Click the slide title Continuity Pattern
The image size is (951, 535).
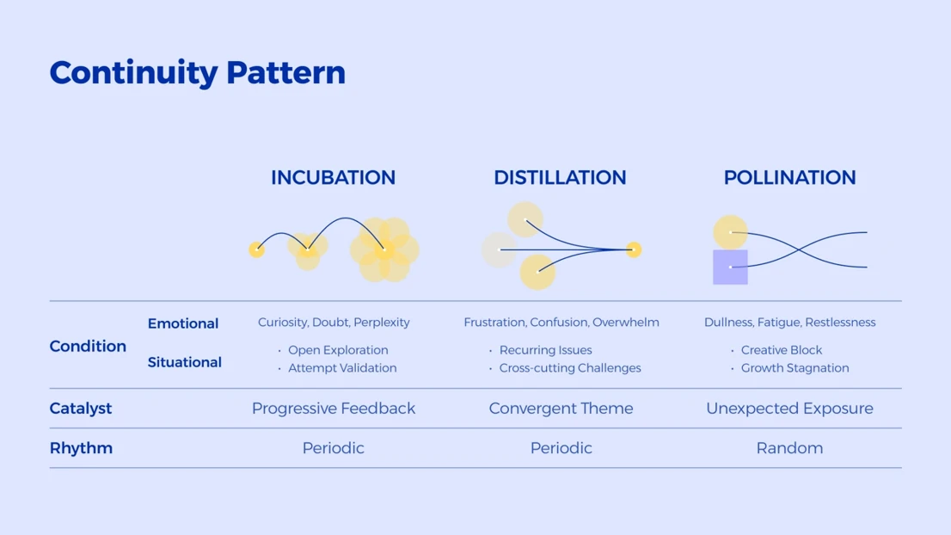coord(197,73)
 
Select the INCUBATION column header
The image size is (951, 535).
coord(333,178)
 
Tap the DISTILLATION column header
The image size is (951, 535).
coord(560,178)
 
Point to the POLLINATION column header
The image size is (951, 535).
coord(789,178)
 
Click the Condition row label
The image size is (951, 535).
coord(88,347)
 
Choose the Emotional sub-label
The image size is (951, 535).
coord(183,323)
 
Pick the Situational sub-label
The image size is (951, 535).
coord(184,362)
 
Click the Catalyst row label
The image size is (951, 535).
coord(81,409)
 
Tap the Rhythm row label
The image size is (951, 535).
coord(82,448)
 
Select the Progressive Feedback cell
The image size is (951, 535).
coord(334,409)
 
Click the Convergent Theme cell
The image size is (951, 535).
coord(561,409)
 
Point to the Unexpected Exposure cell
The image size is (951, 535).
coord(789,409)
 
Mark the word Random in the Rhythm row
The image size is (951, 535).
coord(789,448)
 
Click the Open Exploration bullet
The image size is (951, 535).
coord(338,350)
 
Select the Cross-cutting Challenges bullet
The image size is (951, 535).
coord(570,368)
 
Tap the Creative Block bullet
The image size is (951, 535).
coord(782,350)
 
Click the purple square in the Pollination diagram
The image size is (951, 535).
coord(730,267)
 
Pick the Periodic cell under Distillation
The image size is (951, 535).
coord(561,448)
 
